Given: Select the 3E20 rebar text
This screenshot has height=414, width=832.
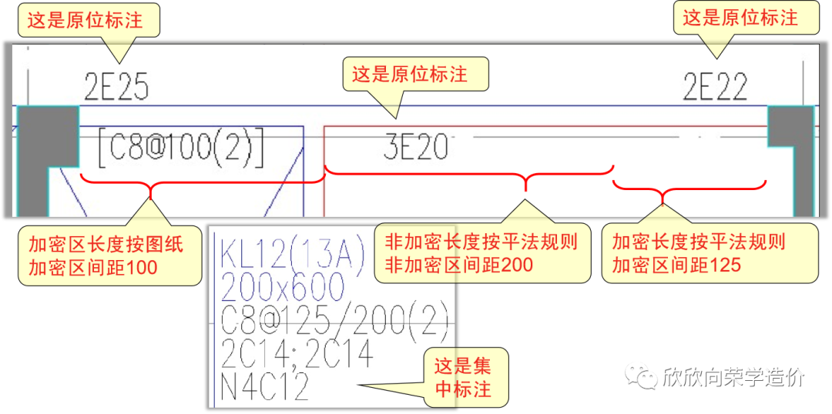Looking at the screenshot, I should (415, 147).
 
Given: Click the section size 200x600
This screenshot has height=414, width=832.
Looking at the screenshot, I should (282, 286).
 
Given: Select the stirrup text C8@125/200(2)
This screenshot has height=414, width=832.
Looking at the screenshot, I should (331, 319).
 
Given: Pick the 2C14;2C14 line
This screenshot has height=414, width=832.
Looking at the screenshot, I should (297, 353).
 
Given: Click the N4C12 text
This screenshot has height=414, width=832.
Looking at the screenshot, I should (266, 386).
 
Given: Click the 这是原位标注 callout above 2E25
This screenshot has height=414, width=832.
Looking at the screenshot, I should (86, 20).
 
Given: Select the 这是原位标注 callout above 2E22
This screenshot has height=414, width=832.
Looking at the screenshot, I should (740, 18).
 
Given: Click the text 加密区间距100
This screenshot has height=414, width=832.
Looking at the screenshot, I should (93, 267).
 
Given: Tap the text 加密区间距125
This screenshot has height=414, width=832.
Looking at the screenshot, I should (677, 265).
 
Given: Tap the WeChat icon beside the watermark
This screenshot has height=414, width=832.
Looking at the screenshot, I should (639, 377).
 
